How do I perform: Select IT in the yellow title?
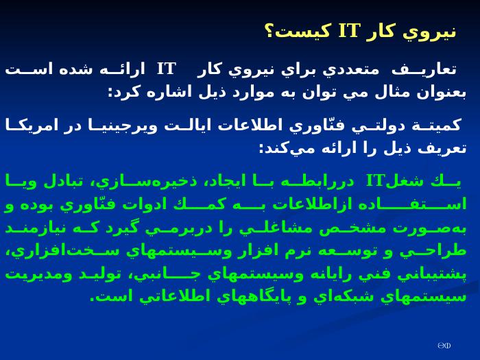coord(348,31)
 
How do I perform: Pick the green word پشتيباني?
coord(432,274)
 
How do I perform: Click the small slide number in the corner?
coord(444,346)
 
